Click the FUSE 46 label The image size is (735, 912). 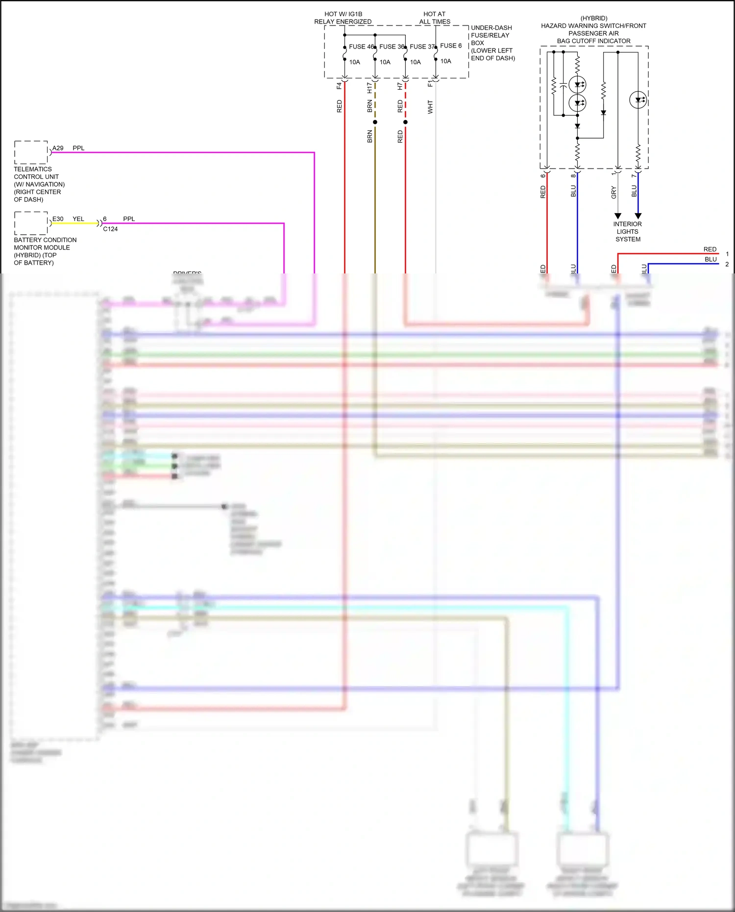(361, 47)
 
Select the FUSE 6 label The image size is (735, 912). (450, 46)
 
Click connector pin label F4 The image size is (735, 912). (339, 86)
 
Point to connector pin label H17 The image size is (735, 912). (369, 88)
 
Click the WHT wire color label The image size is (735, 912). (430, 107)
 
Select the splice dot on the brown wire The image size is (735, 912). (375, 122)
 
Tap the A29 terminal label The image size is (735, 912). (58, 148)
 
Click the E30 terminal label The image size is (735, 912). (58, 219)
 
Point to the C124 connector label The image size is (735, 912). (110, 229)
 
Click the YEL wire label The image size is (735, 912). (78, 219)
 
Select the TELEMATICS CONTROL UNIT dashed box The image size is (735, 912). (31, 152)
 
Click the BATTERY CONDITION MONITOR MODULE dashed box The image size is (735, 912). (31, 223)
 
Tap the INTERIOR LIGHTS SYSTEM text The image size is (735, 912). (628, 232)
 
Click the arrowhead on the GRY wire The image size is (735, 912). (618, 216)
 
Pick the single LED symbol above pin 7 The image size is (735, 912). (638, 100)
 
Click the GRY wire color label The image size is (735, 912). (613, 193)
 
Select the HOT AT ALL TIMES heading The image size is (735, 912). (435, 18)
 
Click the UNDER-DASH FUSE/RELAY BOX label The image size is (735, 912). (492, 43)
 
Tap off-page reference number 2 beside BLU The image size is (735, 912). (727, 264)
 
